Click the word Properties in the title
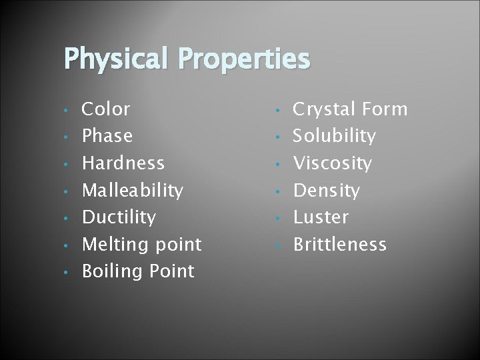tap(246, 59)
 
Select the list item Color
tap(106, 109)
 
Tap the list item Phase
tap(107, 136)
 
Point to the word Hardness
tap(123, 163)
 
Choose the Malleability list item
tap(132, 191)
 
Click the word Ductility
tap(119, 217)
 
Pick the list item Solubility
tap(335, 136)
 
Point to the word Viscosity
tap(333, 163)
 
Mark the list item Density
tap(327, 191)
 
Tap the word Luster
tap(321, 217)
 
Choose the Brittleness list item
tap(340, 245)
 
